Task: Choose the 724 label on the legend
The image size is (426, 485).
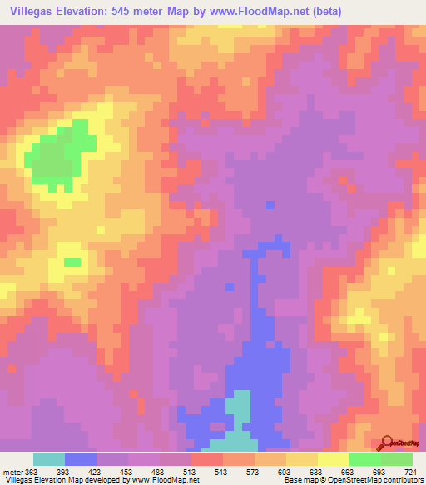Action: click(410, 471)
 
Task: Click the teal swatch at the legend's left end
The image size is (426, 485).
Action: click(49, 459)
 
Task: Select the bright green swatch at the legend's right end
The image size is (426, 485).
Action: click(396, 459)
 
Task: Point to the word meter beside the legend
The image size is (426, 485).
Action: click(12, 471)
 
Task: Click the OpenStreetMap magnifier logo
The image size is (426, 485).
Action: click(388, 443)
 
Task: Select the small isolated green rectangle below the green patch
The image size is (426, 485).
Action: click(72, 262)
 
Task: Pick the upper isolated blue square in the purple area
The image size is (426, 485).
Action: click(270, 203)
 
